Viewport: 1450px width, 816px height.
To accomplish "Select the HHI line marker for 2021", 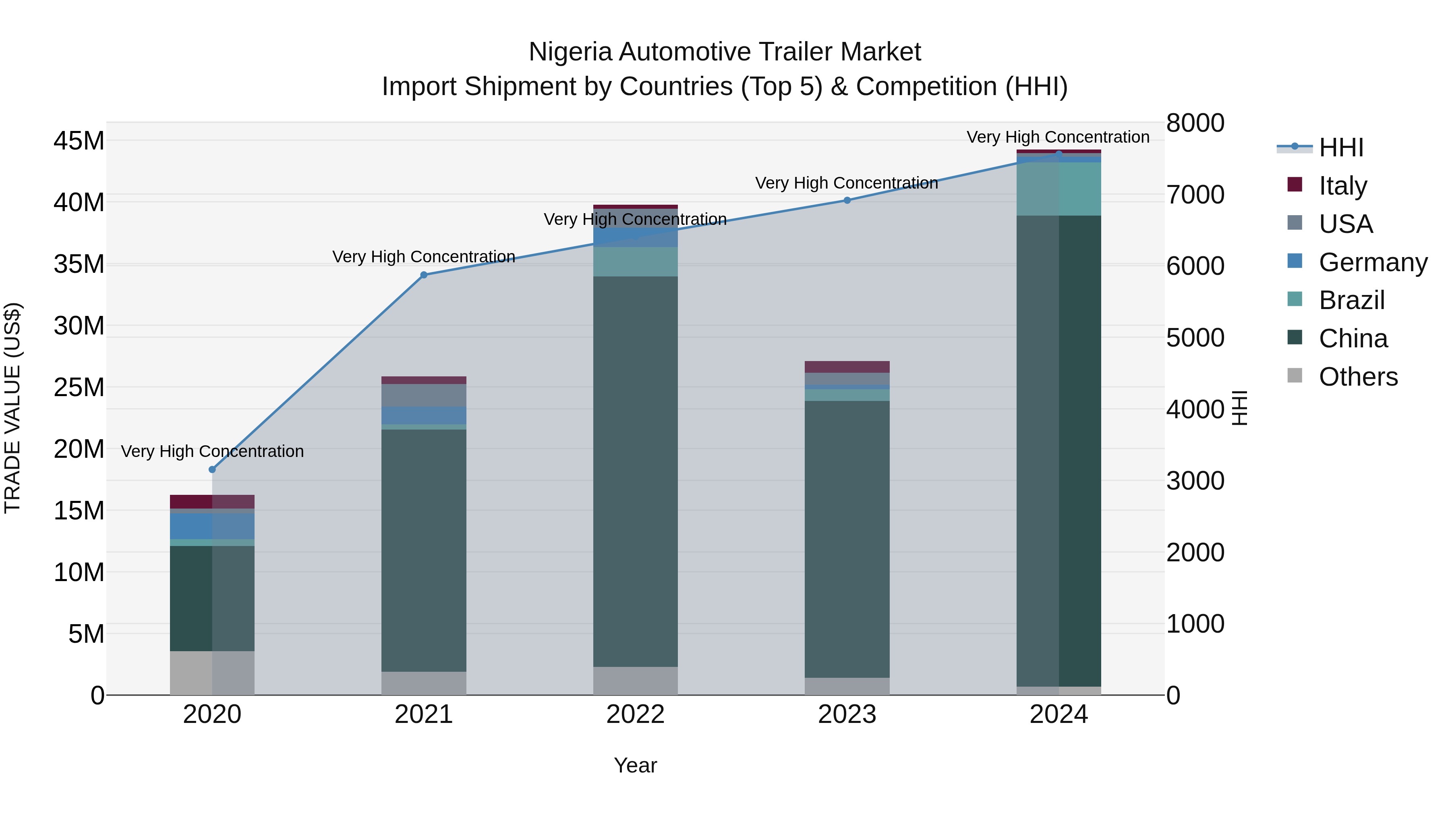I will click(x=424, y=275).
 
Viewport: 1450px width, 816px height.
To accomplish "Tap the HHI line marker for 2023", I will click(x=847, y=200).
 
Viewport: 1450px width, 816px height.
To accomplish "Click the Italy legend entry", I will click(x=1342, y=186).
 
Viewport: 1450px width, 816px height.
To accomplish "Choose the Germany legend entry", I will click(x=1372, y=262).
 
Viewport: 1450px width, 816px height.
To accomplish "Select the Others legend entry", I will click(x=1358, y=377).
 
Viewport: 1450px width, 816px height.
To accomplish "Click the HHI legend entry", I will click(x=1341, y=147).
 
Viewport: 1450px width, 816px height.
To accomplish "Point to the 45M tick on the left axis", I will click(x=79, y=141).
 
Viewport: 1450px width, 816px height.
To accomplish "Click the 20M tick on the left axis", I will click(x=79, y=449).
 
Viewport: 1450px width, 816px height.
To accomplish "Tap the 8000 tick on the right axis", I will click(x=1195, y=123).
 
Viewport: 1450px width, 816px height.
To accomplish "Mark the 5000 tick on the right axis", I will click(x=1195, y=338).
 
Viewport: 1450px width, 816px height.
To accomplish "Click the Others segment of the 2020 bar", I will click(x=212, y=673).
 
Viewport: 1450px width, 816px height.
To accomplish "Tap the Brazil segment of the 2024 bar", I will click(x=1059, y=189).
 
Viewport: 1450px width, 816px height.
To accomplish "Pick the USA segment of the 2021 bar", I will click(x=424, y=395).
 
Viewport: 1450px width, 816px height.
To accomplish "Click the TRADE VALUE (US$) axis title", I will click(x=12, y=408).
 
